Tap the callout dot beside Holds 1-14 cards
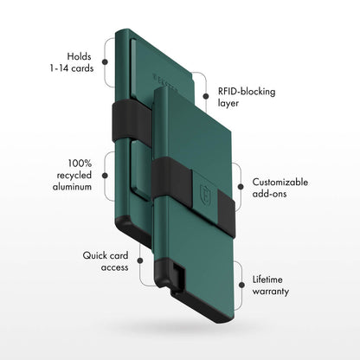click(x=105, y=61)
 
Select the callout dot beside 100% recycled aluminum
click(x=105, y=174)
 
